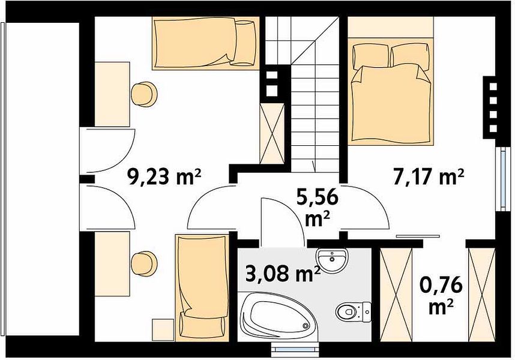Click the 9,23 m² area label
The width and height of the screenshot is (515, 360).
(164, 178)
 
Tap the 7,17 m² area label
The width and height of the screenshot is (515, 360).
(429, 177)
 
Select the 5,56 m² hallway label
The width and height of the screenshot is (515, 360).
(317, 208)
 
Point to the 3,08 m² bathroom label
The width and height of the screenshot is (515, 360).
(283, 274)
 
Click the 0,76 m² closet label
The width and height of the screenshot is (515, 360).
(441, 296)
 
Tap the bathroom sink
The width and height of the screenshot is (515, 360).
(333, 260)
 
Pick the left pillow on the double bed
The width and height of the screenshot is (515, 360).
(371, 55)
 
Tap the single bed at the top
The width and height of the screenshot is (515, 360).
(206, 43)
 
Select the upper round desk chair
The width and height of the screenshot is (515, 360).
(144, 94)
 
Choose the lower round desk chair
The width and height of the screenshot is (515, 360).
(144, 263)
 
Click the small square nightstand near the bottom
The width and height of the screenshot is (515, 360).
(163, 329)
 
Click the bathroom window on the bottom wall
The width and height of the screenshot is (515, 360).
(295, 349)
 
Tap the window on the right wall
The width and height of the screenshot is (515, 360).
(502, 179)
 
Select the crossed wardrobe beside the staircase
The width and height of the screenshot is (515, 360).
(272, 133)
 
